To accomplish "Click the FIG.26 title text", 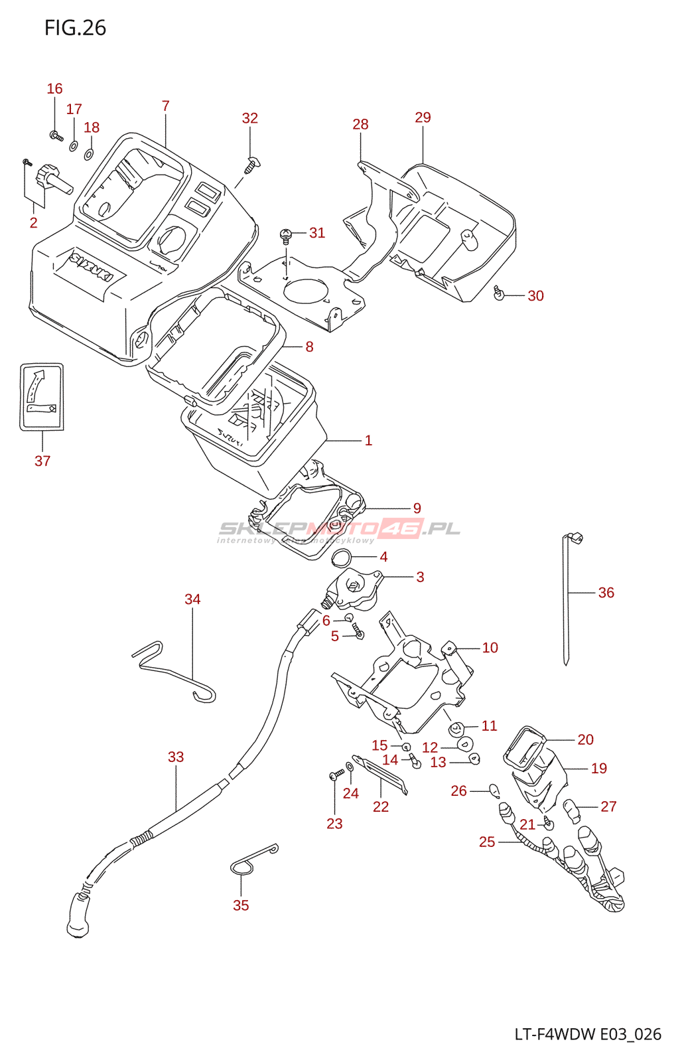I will coord(75,28).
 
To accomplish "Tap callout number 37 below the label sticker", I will coord(42,461).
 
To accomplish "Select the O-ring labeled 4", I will coord(341,558).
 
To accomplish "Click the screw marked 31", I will coord(286,234).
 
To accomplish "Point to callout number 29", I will coord(423,117).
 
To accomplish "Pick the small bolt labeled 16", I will coord(56,136).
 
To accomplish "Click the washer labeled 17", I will coord(73,145).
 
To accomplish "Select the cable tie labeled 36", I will coord(566,597).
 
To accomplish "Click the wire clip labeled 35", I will coord(252,861).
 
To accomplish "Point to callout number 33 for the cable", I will coord(176,757).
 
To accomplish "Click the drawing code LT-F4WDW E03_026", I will coord(588,1034).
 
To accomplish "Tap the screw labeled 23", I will coord(336,775).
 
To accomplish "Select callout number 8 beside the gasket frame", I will coord(309,346).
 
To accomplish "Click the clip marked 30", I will coord(499,292).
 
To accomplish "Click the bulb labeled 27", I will coord(571,811).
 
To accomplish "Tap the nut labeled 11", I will coord(457,729).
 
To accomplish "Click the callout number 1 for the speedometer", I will coord(368,440).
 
